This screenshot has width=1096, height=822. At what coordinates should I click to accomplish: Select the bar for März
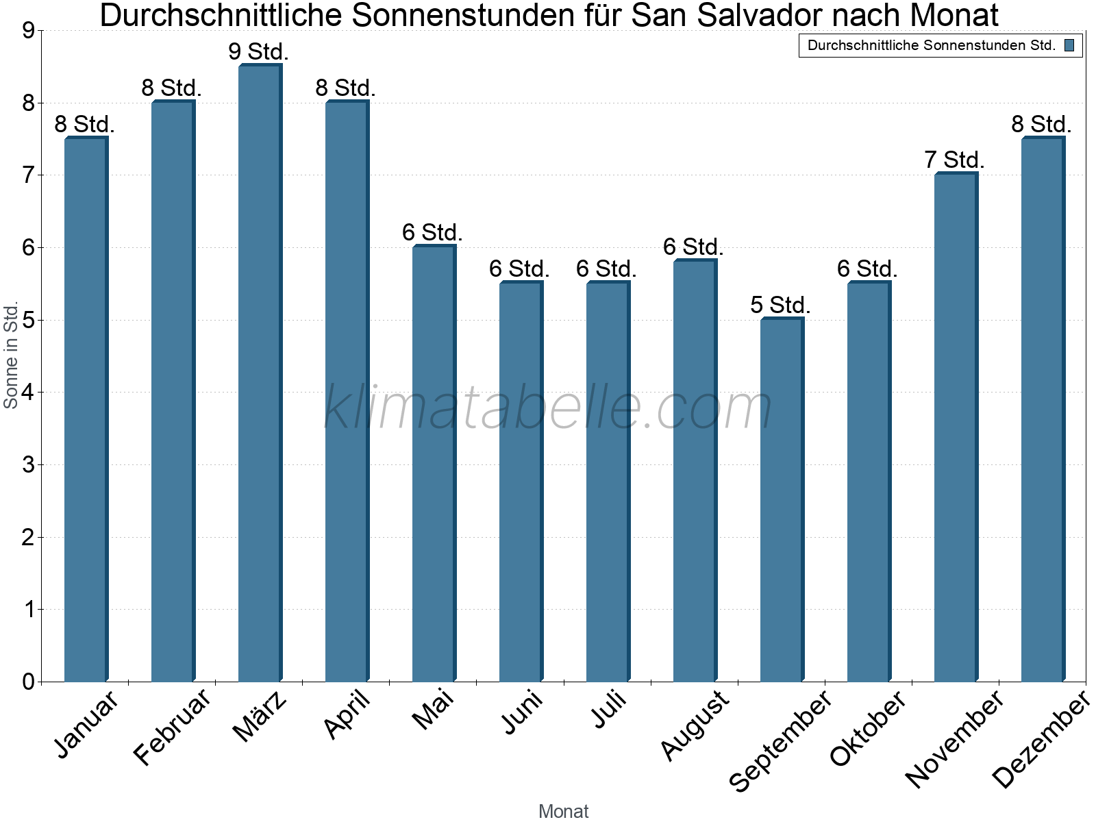pos(259,373)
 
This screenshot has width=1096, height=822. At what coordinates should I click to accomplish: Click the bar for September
pos(781,500)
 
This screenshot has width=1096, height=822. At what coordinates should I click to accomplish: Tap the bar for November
pos(955,427)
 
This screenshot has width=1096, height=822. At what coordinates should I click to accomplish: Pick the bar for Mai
pos(433,464)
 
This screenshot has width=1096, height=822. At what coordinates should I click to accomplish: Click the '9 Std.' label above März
pos(258,51)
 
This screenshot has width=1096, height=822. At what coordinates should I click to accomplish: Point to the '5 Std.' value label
pos(780,305)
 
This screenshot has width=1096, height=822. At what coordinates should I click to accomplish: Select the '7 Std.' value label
pos(954,160)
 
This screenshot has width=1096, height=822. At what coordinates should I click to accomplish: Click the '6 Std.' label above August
pos(693,247)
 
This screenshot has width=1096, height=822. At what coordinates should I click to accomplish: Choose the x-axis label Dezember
pos(1040,740)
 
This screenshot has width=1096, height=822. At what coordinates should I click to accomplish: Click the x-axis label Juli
pos(610,709)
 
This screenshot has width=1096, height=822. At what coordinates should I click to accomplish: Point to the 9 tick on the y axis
pos(28,31)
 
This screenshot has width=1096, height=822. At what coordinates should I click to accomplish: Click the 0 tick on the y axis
pos(28,682)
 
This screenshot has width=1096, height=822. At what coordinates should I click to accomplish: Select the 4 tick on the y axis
pos(28,393)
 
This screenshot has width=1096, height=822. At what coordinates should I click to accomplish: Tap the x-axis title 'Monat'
pos(563,811)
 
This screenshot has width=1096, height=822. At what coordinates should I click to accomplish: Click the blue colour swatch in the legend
pos(1069,46)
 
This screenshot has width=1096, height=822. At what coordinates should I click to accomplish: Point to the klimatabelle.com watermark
pos(548,408)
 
